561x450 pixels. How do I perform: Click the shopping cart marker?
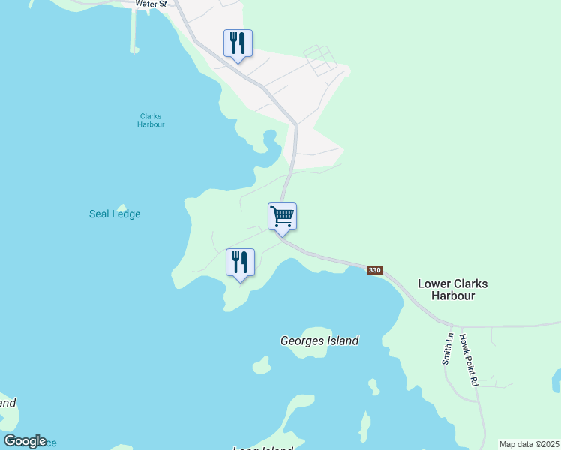click(283, 217)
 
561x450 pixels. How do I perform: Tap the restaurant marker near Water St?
click(238, 43)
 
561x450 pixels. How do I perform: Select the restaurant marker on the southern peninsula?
click(240, 262)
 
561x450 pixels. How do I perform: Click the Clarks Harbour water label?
click(151, 120)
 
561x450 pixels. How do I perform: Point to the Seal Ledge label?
click(115, 214)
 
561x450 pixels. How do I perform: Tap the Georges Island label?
click(319, 340)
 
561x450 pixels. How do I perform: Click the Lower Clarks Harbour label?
click(452, 289)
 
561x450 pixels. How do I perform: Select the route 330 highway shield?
click(375, 270)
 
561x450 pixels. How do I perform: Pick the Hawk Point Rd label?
click(469, 360)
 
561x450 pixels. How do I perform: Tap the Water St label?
click(150, 4)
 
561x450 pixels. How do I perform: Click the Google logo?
click(25, 441)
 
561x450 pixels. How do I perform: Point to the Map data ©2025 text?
click(529, 444)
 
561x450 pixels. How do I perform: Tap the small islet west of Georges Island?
click(261, 365)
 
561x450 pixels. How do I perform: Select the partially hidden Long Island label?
click(262, 448)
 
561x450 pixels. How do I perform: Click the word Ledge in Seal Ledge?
click(127, 214)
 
